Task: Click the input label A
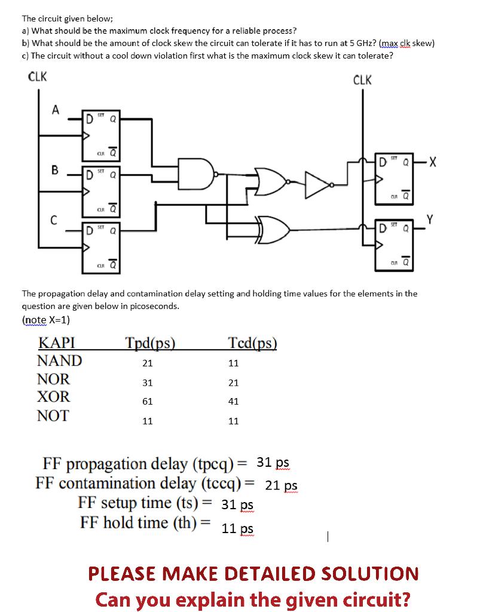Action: pyautogui.click(x=56, y=109)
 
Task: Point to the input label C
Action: pyautogui.click(x=53, y=221)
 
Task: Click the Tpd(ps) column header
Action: pyautogui.click(x=150, y=342)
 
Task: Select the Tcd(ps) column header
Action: pyautogui.click(x=252, y=342)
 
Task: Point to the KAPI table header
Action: pyautogui.click(x=56, y=342)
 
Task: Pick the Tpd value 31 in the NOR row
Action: pyautogui.click(x=147, y=382)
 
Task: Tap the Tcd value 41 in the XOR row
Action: pyautogui.click(x=234, y=402)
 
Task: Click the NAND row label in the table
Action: pyautogui.click(x=59, y=361)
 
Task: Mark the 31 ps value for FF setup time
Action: pyautogui.click(x=237, y=504)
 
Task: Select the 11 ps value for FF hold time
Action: pyautogui.click(x=237, y=529)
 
